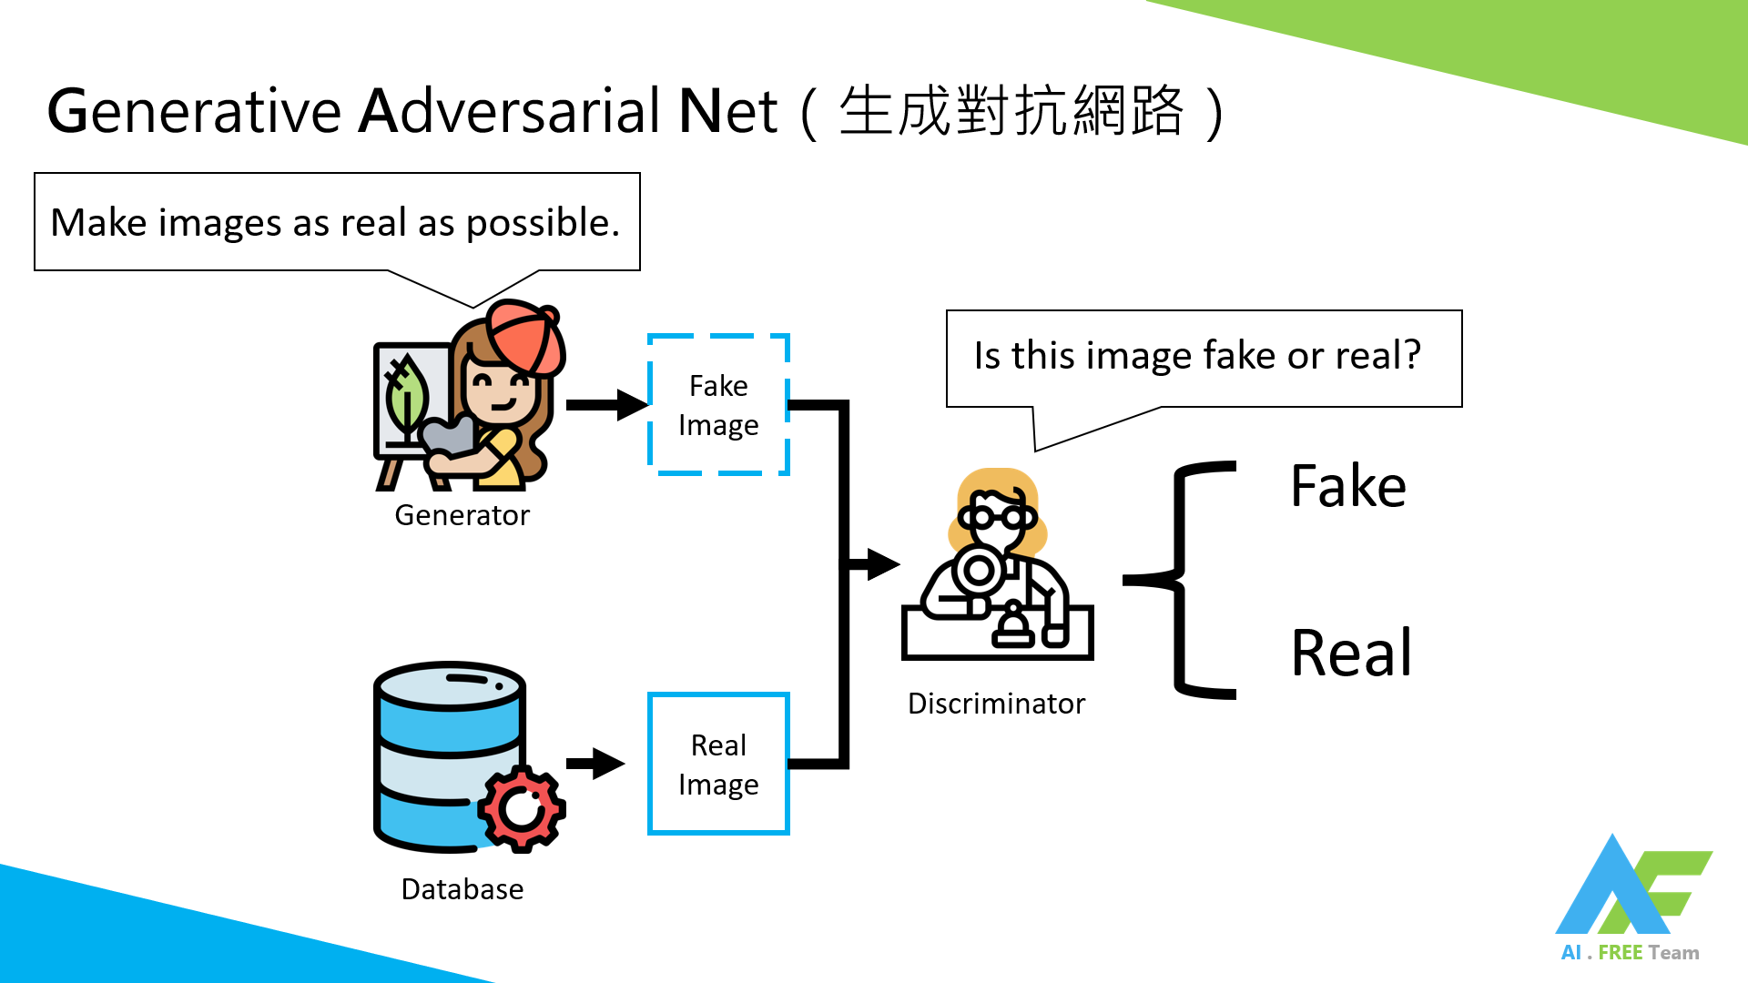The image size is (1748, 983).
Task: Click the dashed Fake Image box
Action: pyautogui.click(x=718, y=405)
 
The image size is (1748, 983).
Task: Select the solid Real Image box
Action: pyautogui.click(x=718, y=764)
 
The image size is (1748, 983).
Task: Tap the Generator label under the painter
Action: pyautogui.click(x=462, y=515)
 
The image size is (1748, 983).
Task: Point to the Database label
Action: pyautogui.click(x=462, y=889)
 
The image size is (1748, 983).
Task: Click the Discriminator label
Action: pyautogui.click(x=996, y=704)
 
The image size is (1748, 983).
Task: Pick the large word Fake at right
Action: pyautogui.click(x=1347, y=486)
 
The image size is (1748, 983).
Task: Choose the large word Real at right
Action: pyautogui.click(x=1351, y=654)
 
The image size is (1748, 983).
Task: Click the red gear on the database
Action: pyautogui.click(x=522, y=808)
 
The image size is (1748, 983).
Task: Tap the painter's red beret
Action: pyautogui.click(x=524, y=338)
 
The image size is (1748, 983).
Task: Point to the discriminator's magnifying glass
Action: pyautogui.click(x=979, y=572)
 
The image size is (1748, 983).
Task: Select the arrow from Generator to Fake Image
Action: pyautogui.click(x=606, y=405)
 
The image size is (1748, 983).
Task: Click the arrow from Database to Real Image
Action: pyautogui.click(x=595, y=763)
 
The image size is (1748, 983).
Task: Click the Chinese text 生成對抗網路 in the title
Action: pyautogui.click(x=1011, y=111)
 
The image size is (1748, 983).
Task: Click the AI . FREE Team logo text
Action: pyautogui.click(x=1629, y=953)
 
